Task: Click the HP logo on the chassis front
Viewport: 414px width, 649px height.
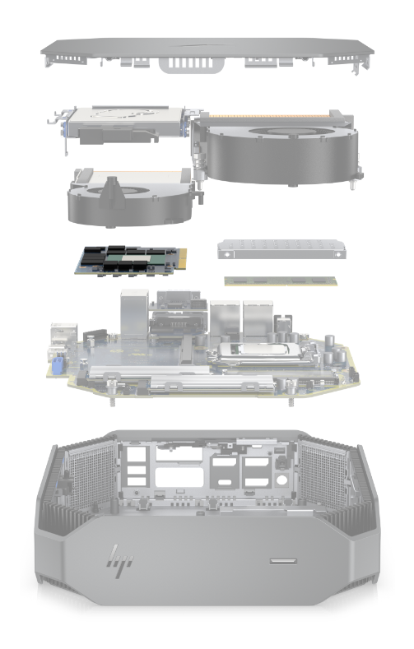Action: point(120,561)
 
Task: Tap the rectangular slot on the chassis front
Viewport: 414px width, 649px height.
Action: point(283,561)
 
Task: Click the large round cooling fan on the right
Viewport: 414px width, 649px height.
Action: point(281,153)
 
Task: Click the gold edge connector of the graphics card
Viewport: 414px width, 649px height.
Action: point(182,259)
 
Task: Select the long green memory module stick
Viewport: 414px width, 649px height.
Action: point(281,281)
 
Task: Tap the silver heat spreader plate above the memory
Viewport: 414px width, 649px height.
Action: point(281,249)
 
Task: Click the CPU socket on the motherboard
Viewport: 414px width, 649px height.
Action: point(260,353)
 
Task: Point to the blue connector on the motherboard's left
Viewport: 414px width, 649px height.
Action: point(57,366)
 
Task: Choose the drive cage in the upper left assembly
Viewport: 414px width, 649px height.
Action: point(125,124)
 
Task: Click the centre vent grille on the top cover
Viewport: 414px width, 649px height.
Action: point(192,64)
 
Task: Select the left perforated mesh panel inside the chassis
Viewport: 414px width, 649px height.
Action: point(92,476)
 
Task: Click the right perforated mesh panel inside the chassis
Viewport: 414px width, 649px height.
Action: point(323,473)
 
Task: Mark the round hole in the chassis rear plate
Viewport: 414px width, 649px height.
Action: point(282,480)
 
